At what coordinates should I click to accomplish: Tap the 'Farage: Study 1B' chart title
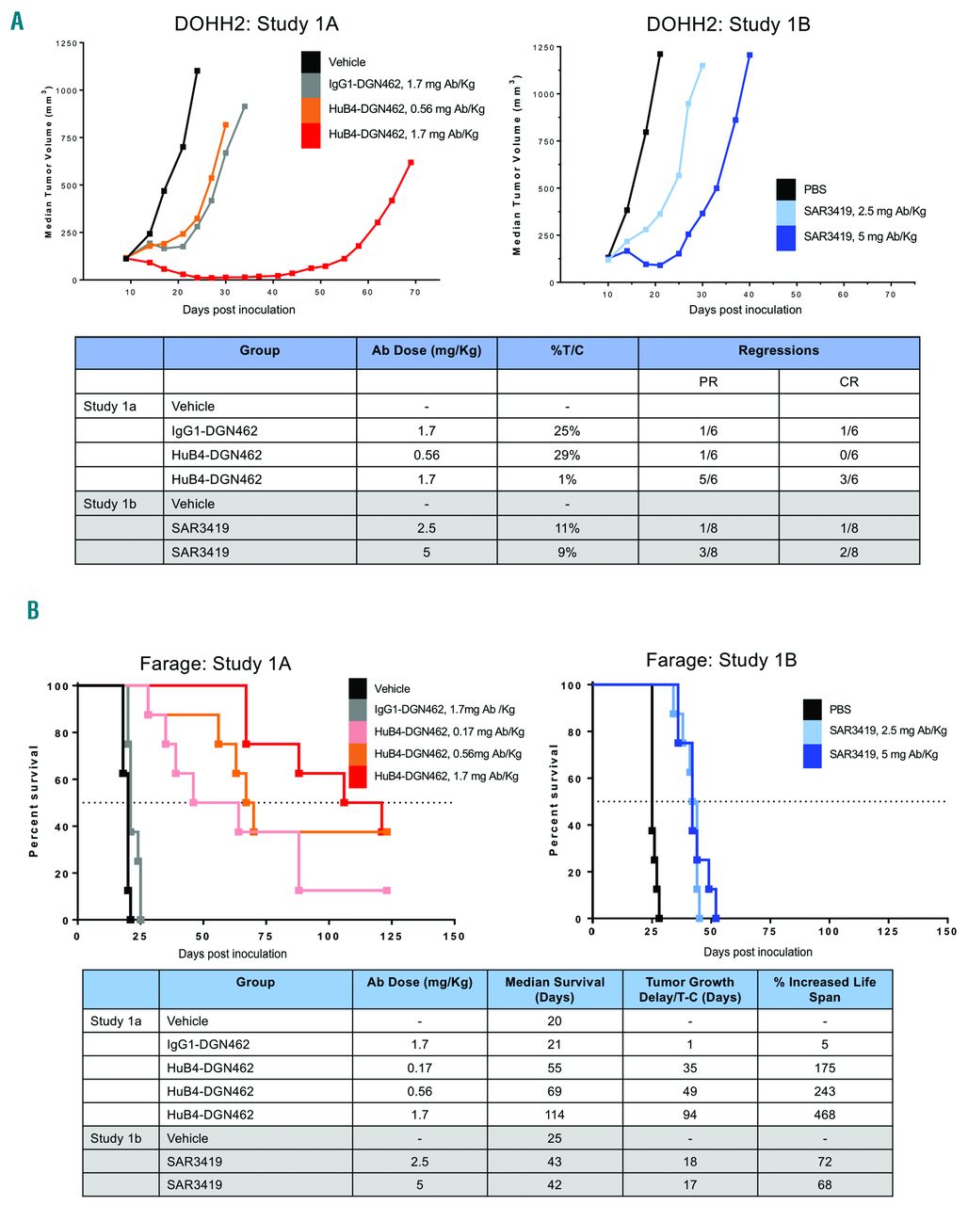pos(721,660)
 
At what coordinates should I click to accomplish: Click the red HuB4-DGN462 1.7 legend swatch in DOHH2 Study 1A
pos(311,135)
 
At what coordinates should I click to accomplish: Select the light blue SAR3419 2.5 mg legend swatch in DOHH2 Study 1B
pos(786,212)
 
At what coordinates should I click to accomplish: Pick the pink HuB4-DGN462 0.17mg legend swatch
pos(358,731)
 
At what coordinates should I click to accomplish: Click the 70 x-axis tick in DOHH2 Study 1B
pos(890,295)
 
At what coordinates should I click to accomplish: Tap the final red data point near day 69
pos(411,163)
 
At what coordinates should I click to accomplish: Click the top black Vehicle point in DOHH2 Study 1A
pos(197,71)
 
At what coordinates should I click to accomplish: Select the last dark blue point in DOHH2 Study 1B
pos(750,55)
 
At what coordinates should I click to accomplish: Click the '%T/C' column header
pos(567,350)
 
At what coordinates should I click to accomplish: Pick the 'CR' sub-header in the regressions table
pos(848,381)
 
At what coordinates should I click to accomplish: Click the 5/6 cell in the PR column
pos(708,479)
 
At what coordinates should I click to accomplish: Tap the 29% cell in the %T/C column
pos(567,455)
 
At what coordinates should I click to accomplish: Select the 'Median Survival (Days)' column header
pos(555,988)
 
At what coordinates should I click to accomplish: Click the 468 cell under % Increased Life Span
pos(824,1115)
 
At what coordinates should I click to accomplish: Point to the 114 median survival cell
pos(555,1115)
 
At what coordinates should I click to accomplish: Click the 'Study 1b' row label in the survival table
pos(115,1138)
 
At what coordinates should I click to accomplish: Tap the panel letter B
pos(33,611)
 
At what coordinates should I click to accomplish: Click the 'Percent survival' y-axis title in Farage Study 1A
pos(35,800)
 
